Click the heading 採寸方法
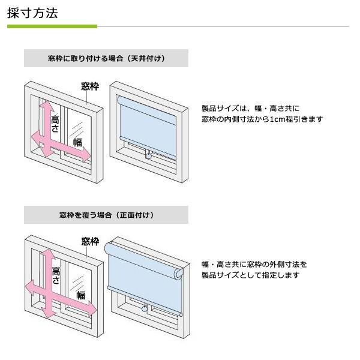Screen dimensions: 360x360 point(32,13)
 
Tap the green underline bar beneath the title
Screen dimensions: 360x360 point(52,26)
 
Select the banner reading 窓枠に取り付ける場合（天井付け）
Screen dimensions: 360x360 point(106,58)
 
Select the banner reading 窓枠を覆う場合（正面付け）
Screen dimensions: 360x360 point(106,215)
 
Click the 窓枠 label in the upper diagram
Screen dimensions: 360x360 point(90,86)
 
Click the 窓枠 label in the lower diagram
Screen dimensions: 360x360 point(90,242)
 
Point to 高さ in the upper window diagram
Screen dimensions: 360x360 point(55,124)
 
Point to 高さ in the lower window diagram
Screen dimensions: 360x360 point(56,275)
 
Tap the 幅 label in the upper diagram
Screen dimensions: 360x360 point(77,142)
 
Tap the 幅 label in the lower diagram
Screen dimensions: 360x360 point(81,295)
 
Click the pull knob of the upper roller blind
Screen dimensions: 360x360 point(149,156)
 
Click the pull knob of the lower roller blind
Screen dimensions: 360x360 point(145,309)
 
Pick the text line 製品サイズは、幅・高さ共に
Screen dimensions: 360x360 point(250,108)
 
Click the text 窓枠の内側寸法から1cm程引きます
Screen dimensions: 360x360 point(262,119)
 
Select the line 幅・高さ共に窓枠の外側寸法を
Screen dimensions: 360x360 point(254,265)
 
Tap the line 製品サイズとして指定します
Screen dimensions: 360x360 point(250,275)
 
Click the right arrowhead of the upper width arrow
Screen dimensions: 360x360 point(87,155)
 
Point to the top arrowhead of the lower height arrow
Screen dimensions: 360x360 point(47,256)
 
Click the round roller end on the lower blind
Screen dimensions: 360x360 point(179,274)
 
